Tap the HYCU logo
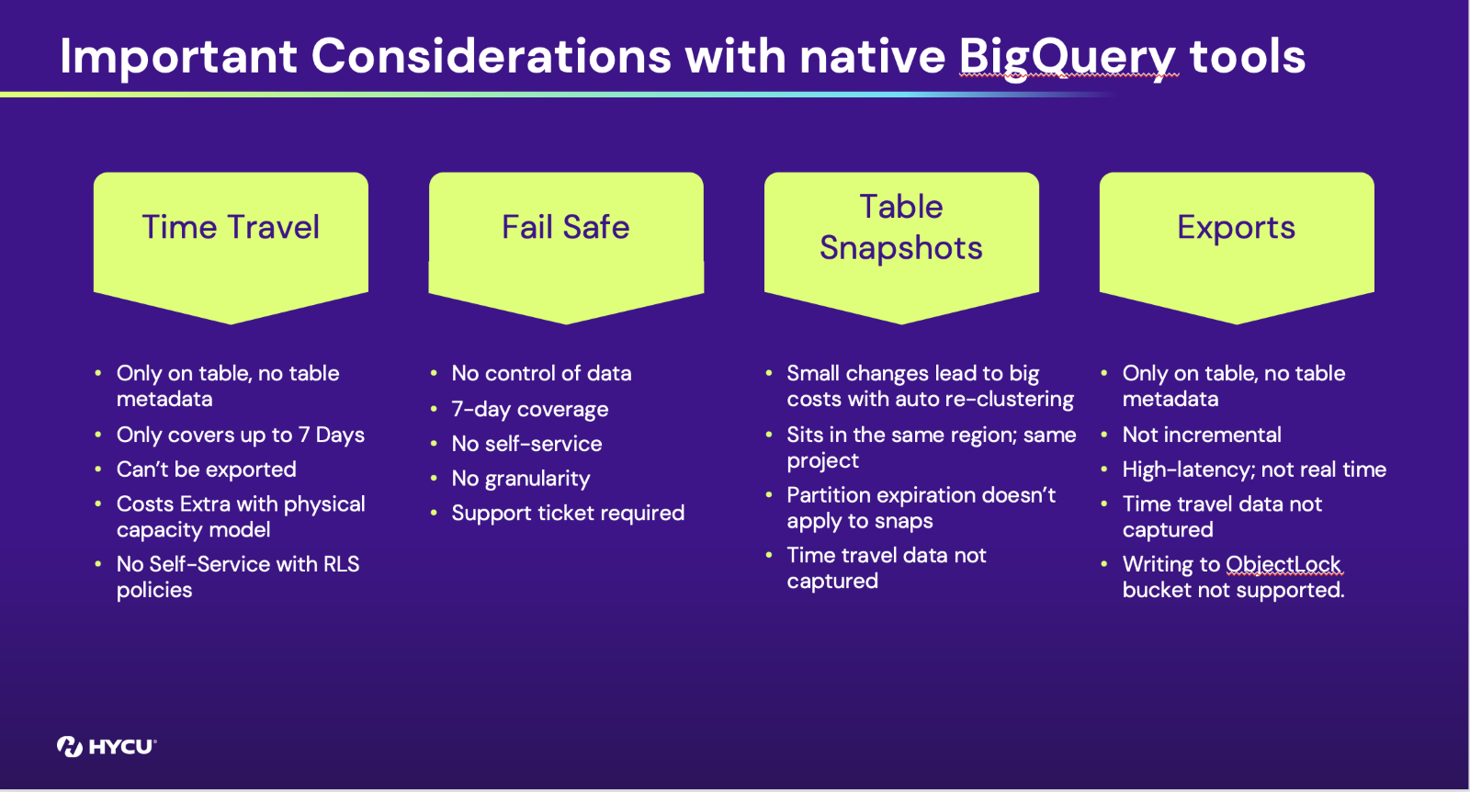[x=107, y=746]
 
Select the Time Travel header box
[x=231, y=248]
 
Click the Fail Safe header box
[x=566, y=248]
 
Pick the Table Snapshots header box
[x=901, y=248]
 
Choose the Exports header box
[x=1237, y=248]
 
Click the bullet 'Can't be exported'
[x=206, y=470]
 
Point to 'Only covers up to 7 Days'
[x=240, y=435]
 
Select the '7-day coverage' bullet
[x=529, y=410]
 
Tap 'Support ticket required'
[x=568, y=513]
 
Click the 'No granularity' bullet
[x=520, y=479]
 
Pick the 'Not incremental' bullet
[x=1202, y=435]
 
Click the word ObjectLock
[x=1283, y=564]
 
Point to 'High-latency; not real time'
[x=1254, y=470]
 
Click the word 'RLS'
[x=341, y=564]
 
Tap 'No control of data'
[x=541, y=373]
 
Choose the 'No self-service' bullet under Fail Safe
[x=526, y=444]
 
